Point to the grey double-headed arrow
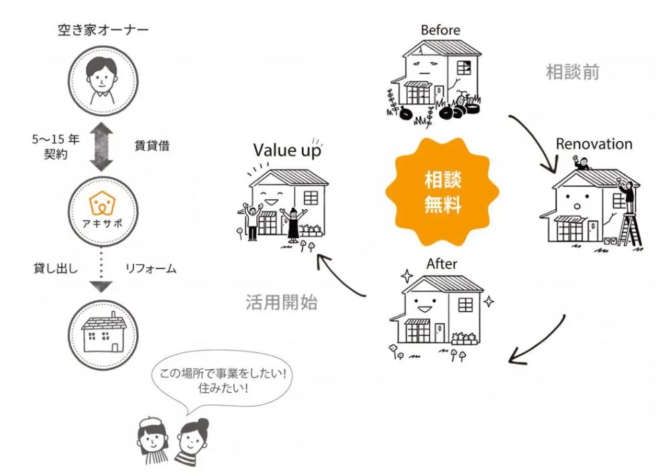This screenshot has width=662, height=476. [103, 146]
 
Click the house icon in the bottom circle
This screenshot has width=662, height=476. [103, 332]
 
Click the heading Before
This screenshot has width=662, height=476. [441, 30]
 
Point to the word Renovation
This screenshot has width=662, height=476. [594, 144]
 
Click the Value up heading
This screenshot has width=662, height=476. [286, 150]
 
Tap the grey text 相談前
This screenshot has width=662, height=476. [572, 73]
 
